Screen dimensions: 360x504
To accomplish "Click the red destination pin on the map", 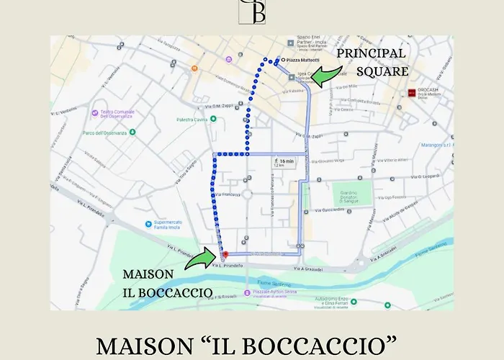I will coord(225,253).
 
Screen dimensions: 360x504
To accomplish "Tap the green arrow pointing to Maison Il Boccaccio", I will coord(199,258).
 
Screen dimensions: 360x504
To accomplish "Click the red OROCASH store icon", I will coord(411,92).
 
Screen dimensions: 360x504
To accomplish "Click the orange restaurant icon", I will coord(194,68).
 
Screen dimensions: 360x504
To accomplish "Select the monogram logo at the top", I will coord(253,12).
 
